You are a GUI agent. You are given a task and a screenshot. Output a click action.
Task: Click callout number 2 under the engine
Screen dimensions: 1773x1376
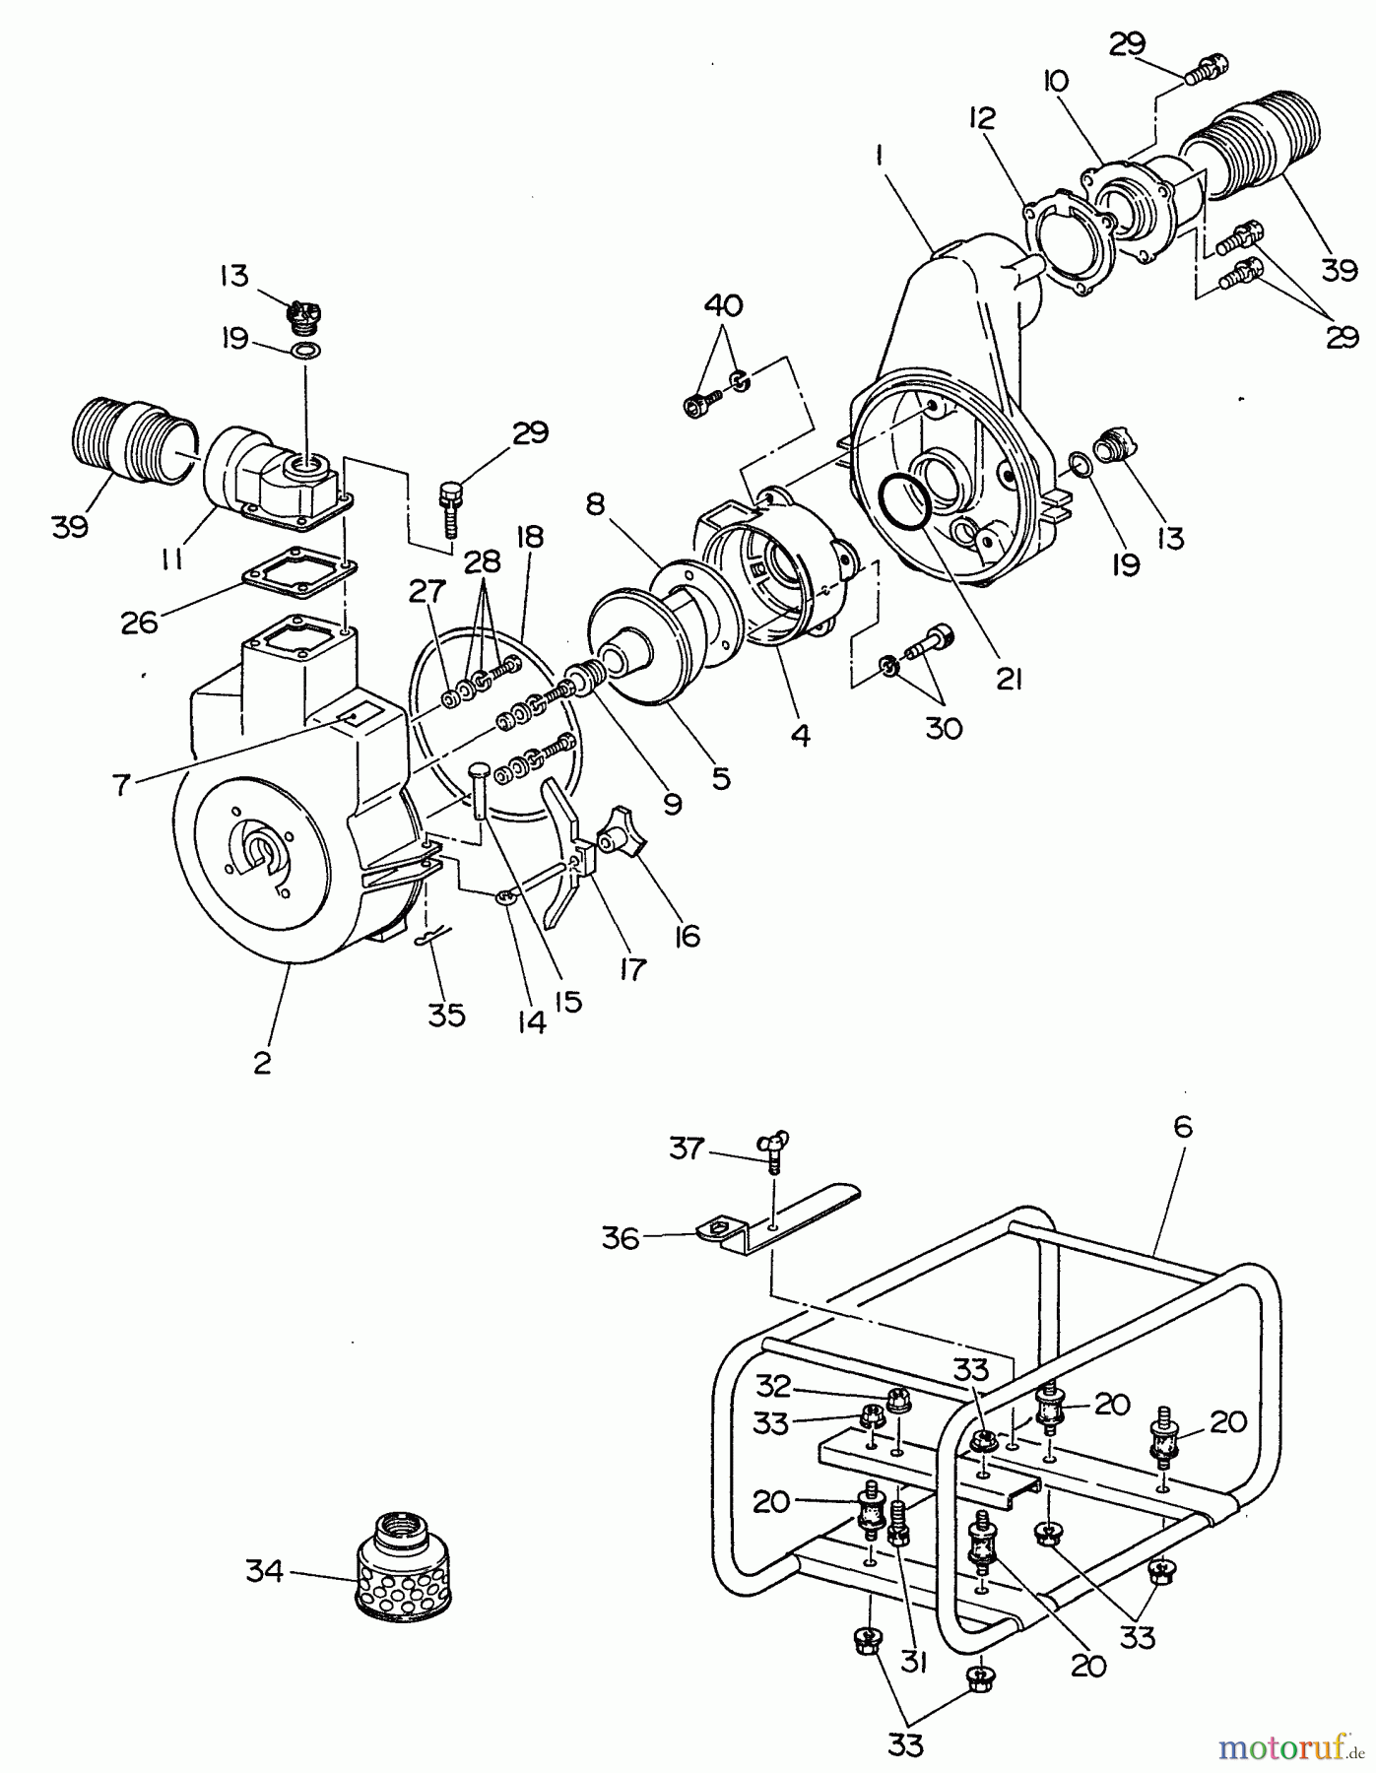point(261,1065)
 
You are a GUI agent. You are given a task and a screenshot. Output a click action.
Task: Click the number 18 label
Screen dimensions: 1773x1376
point(529,538)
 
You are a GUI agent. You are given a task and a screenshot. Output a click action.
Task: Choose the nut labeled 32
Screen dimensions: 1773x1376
point(896,1400)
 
